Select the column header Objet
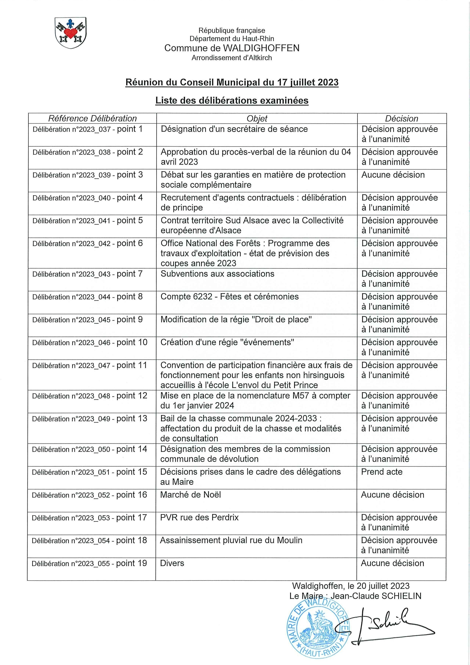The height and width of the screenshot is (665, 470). coord(257,118)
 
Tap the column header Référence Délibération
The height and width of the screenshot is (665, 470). coord(92,118)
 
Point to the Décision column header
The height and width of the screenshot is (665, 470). coord(401,118)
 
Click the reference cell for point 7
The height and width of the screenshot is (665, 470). coord(87,274)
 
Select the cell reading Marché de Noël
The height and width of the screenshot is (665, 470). coord(190,495)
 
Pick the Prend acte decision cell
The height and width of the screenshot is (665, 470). coord(382,472)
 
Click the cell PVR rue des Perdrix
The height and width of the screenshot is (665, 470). coord(199,518)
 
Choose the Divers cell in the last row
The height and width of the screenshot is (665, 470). coord(172,563)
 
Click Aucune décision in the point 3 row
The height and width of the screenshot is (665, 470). coord(393,175)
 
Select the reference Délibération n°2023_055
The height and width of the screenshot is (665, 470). coord(71,564)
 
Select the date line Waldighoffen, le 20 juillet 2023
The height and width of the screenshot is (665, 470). coord(351,586)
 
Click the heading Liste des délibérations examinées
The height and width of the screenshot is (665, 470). coord(232,100)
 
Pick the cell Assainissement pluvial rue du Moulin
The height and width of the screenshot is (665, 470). coord(231,540)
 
